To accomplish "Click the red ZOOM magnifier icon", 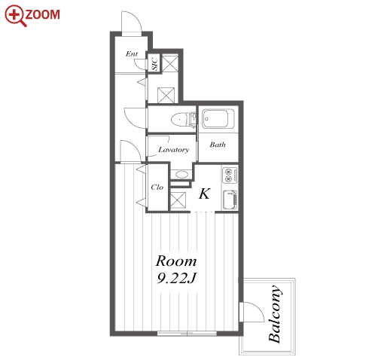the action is (x=15, y=15).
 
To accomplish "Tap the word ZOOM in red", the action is (x=43, y=14).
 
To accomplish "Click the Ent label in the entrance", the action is (x=132, y=53).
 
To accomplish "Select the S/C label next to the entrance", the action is (x=154, y=64).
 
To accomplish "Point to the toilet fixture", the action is (x=183, y=119).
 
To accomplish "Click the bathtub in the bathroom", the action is (x=218, y=119).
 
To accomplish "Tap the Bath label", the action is (x=218, y=145).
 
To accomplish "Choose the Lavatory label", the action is (x=173, y=150).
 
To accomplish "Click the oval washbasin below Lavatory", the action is (x=181, y=174).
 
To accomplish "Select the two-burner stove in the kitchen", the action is (x=230, y=175).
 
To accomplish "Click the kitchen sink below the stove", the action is (x=230, y=200).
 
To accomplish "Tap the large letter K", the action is (x=204, y=194).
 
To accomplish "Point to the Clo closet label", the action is (x=157, y=187).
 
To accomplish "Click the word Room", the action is (x=176, y=261).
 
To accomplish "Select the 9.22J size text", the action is (x=176, y=278).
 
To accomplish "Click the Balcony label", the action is (x=274, y=314).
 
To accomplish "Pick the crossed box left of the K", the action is (x=178, y=200).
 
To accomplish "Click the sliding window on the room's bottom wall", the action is (x=187, y=334).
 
